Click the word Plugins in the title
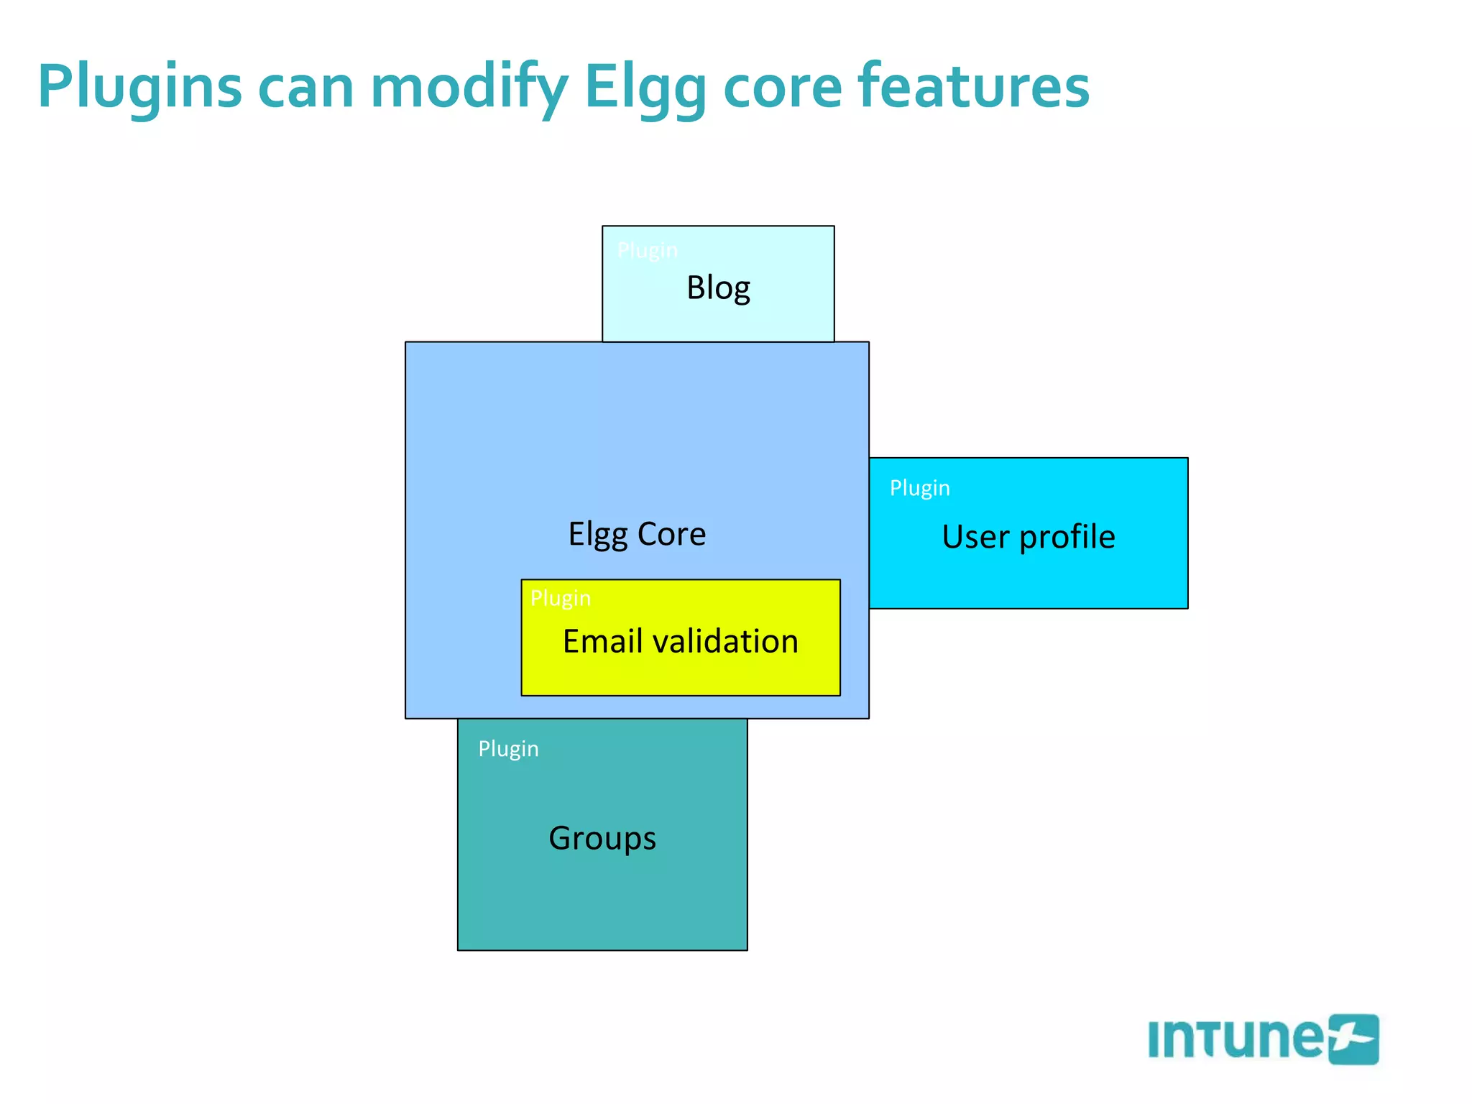[x=139, y=88]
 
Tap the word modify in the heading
[x=469, y=88]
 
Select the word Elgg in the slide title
[x=645, y=88]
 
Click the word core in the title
[x=782, y=88]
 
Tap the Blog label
[x=718, y=288]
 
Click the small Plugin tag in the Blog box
[x=647, y=250]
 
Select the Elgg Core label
[x=637, y=534]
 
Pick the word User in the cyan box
[x=974, y=537]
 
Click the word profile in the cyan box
[x=1067, y=537]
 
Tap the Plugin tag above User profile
[x=919, y=488]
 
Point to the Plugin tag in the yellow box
[x=560, y=598]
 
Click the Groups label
[x=602, y=838]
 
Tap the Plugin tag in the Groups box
[x=508, y=749]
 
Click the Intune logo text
[x=1235, y=1039]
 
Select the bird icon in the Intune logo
[x=1353, y=1039]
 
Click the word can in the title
[x=305, y=88]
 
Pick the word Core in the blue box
[x=671, y=534]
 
